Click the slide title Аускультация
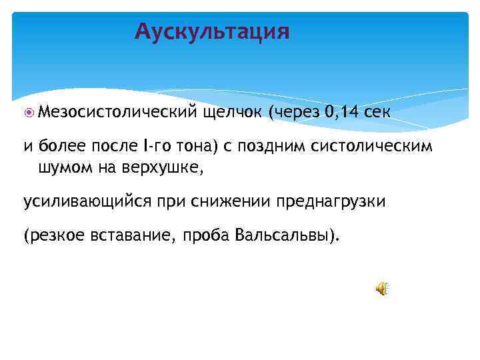[x=212, y=31]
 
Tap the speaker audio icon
[x=382, y=289]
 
